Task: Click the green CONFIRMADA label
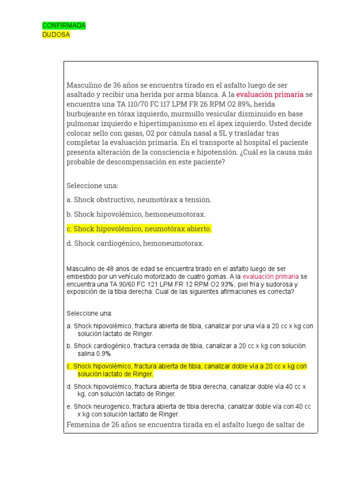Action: point(64,25)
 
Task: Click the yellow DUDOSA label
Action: point(56,35)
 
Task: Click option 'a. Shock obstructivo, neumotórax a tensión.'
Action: point(139,200)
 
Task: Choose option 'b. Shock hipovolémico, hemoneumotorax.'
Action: point(136,214)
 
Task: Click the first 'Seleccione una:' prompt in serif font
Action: point(92,185)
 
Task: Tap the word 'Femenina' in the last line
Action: point(82,425)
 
